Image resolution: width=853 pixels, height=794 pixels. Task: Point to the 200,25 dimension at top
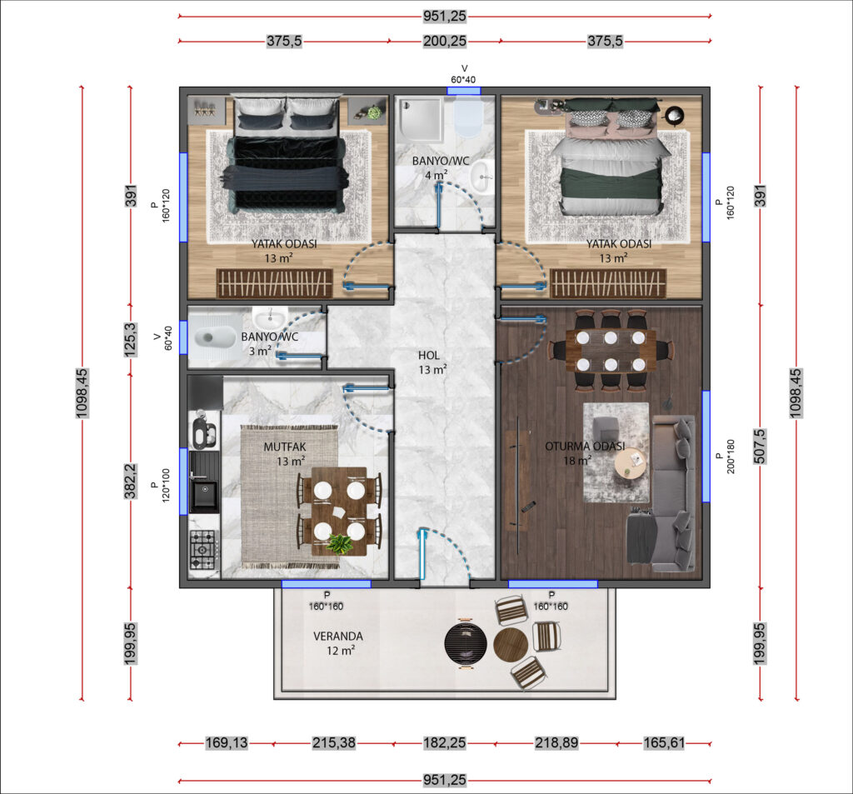445,41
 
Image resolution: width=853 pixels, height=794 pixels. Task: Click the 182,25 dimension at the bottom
445,743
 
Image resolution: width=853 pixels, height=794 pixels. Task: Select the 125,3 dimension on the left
131,340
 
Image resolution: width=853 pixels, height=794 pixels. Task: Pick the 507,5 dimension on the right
760,447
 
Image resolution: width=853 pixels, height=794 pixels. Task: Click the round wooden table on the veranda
511,645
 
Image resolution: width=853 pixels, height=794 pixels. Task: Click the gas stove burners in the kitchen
203,550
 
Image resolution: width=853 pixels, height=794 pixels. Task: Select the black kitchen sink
204,494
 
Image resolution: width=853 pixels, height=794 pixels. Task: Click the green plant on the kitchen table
340,544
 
